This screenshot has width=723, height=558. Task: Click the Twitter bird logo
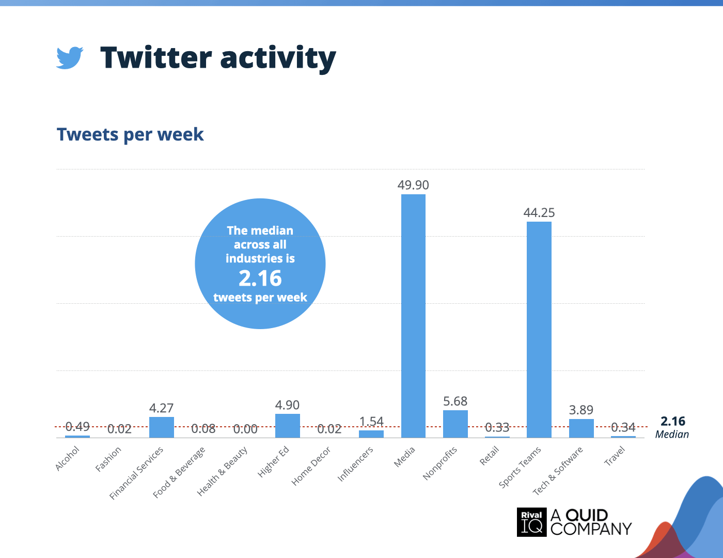(70, 57)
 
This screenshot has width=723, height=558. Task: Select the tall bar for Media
(413, 316)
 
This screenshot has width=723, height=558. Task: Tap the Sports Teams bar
(539, 330)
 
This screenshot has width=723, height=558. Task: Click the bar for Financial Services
(161, 427)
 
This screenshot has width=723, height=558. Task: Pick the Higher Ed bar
(288, 426)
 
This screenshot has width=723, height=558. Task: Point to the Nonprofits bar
(455, 424)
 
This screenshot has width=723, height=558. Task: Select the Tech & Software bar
(581, 428)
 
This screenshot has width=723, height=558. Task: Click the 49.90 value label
(413, 185)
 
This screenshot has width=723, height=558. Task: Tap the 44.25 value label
(539, 213)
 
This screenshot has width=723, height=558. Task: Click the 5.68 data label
(455, 401)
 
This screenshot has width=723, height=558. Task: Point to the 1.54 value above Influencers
(371, 422)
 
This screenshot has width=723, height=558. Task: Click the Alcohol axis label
(68, 458)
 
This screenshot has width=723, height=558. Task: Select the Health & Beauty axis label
(222, 471)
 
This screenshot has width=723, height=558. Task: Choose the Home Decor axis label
(311, 466)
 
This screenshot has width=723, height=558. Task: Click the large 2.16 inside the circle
(260, 278)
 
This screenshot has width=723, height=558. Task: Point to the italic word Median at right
(672, 434)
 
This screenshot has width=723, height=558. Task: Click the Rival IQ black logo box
(532, 522)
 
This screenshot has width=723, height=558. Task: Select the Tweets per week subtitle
(130, 134)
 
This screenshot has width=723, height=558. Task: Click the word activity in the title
(278, 58)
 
